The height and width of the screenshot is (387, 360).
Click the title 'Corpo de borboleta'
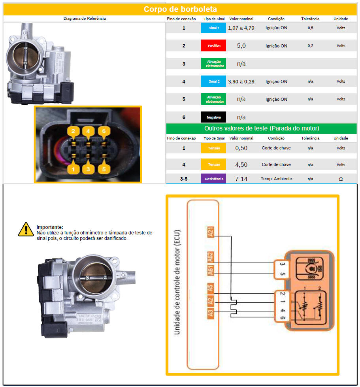tap(180, 9)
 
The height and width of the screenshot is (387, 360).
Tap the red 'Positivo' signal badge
tap(213, 46)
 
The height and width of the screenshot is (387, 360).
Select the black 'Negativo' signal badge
tap(213, 117)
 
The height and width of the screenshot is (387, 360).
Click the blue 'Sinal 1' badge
tap(213, 28)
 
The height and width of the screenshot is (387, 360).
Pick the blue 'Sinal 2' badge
tap(213, 81)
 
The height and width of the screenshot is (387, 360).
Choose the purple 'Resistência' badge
tap(213, 179)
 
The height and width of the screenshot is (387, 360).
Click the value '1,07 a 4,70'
tap(241, 28)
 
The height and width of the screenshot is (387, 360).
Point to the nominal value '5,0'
tap(241, 46)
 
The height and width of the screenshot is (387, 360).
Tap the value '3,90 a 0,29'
tap(241, 81)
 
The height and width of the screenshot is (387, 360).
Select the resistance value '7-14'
tap(241, 179)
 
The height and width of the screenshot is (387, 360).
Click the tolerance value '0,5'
tap(310, 28)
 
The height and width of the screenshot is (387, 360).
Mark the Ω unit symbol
tap(341, 179)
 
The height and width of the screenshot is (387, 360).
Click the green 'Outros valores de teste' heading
tap(261, 128)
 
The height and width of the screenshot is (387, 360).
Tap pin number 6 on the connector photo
tap(104, 131)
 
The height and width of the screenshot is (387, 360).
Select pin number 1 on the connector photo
tap(73, 169)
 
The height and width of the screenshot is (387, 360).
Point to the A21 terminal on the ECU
tap(211, 232)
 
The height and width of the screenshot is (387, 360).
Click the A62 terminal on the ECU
tap(211, 257)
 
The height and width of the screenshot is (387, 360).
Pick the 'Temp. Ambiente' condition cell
tap(276, 179)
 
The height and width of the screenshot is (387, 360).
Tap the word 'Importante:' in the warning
tap(50, 227)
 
